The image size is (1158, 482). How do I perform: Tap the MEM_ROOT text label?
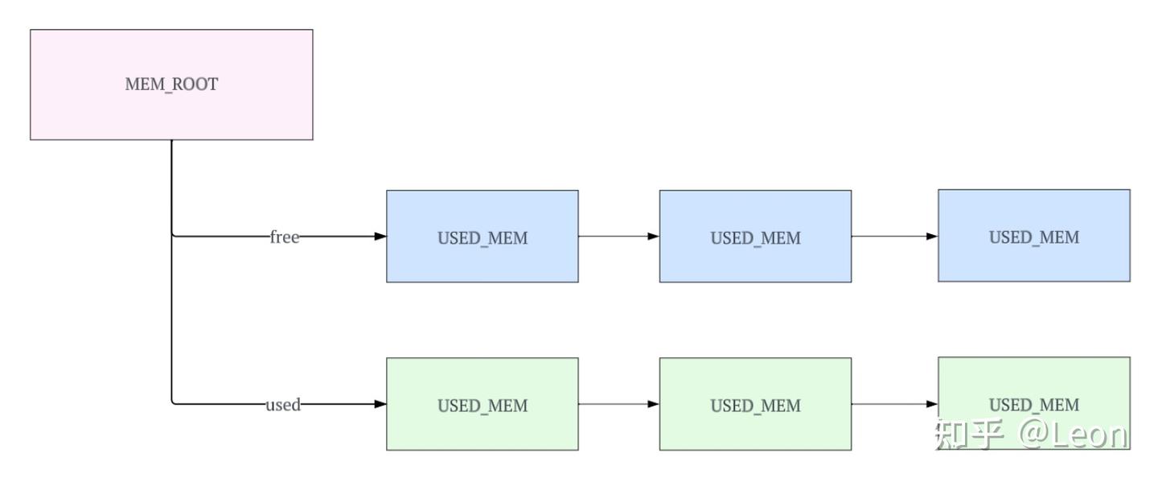pos(171,84)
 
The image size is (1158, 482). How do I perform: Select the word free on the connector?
pos(284,237)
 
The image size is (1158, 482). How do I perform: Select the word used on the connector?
pos(282,405)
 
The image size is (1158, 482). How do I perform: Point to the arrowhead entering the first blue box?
pos(380,237)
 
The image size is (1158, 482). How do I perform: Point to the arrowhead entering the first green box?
pos(380,404)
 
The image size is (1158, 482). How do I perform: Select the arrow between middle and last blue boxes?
pos(893,237)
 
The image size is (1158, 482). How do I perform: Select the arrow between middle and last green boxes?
pos(893,404)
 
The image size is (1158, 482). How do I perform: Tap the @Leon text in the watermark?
pos(1074,435)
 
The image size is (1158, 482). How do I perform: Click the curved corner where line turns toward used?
pos(174,402)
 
